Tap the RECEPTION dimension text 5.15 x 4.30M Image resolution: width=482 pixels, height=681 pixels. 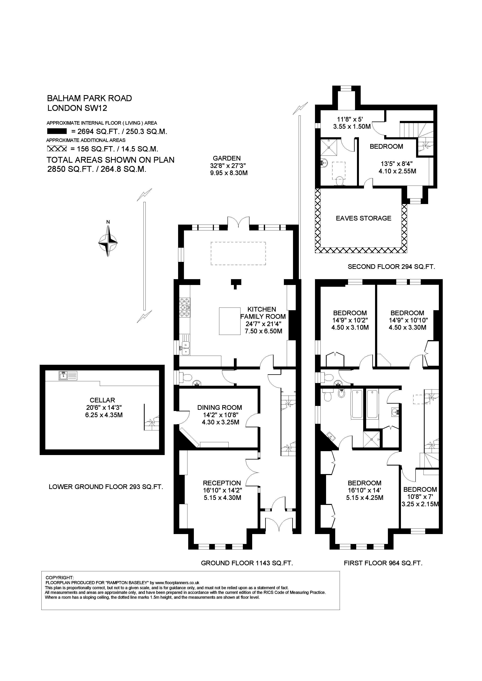(222, 498)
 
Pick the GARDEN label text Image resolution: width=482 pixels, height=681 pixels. (227, 158)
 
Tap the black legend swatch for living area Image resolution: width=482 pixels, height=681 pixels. (57, 131)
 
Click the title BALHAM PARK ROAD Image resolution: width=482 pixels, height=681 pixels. (89, 98)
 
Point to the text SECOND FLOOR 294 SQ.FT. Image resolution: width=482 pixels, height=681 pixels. (391, 267)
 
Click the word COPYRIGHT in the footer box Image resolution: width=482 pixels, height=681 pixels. (59, 578)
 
